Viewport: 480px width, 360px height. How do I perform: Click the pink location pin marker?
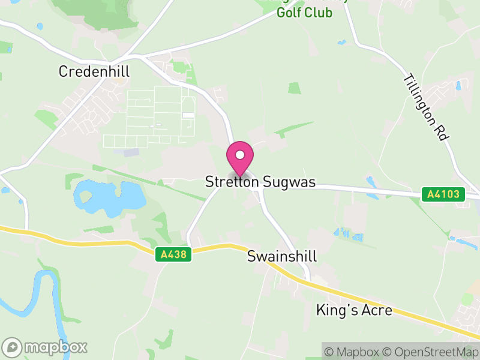(240, 159)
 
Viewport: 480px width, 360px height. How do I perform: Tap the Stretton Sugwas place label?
(260, 182)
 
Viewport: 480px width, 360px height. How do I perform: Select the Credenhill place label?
(94, 71)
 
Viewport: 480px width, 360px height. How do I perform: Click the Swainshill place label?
(281, 257)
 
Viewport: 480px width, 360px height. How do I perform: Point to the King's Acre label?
(354, 310)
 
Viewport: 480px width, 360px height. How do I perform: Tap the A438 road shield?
(175, 255)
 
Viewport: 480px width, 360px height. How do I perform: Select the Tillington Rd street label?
(425, 108)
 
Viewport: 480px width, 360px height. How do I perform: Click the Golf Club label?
(304, 13)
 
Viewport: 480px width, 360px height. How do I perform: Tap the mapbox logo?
(45, 347)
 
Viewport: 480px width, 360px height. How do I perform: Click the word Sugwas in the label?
(287, 182)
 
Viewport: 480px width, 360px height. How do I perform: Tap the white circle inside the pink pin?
(240, 155)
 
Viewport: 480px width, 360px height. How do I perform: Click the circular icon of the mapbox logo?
(13, 347)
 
